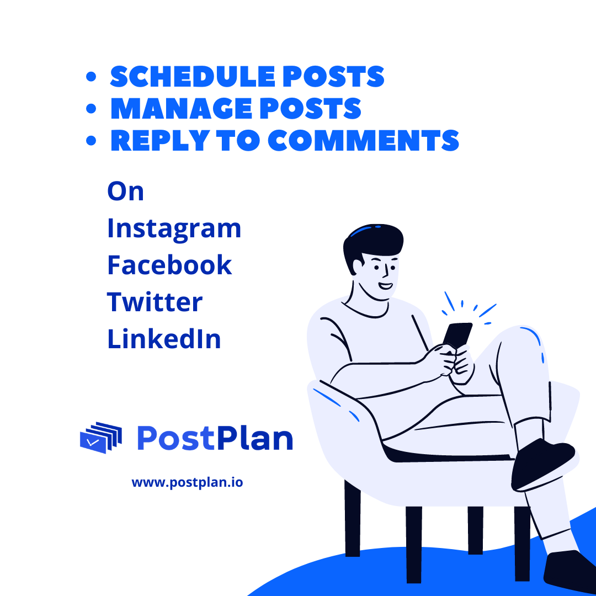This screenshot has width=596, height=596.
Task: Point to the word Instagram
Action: [x=174, y=229]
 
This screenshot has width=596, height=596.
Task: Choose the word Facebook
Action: [x=169, y=265]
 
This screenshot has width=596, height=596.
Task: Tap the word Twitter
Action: [x=155, y=302]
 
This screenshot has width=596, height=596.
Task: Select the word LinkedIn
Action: [x=164, y=339]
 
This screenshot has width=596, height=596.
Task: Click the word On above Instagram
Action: [x=125, y=191]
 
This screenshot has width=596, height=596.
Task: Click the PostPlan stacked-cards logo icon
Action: [x=100, y=438]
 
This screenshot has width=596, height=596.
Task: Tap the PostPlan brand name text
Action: [x=215, y=439]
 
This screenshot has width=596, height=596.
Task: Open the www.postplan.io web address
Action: [x=187, y=482]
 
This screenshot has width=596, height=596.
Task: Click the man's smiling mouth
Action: [x=385, y=287]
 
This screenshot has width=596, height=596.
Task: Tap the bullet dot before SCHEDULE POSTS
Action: [x=92, y=77]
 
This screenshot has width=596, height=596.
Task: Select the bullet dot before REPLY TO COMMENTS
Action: [x=92, y=141]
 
